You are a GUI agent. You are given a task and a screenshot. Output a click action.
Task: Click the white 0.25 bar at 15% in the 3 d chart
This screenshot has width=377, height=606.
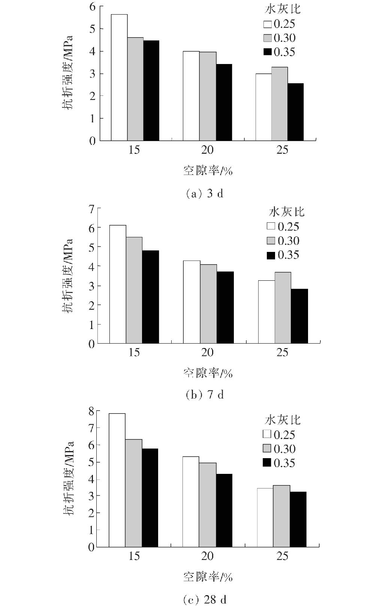(x=119, y=77)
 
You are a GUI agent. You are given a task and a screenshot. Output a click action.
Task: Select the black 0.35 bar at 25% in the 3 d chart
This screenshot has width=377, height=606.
(x=295, y=112)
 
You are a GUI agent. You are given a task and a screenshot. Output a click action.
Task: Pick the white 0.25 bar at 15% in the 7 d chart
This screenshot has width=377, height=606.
(x=118, y=284)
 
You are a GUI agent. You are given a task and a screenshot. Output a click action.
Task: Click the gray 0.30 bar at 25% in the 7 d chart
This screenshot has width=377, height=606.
(x=283, y=308)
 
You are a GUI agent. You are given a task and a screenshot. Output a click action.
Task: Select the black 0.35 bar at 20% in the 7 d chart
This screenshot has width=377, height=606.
(x=225, y=307)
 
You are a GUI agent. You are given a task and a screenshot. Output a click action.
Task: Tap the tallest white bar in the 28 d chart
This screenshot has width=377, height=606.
(x=117, y=480)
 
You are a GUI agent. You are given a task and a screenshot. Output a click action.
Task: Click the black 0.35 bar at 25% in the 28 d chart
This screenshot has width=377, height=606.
(x=298, y=520)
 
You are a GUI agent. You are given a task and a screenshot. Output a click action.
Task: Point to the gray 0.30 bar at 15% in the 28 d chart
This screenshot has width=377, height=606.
(x=133, y=493)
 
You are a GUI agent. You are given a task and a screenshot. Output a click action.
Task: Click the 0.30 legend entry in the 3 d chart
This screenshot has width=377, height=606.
(x=279, y=38)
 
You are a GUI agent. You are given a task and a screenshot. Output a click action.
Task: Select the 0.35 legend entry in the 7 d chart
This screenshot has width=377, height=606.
(x=283, y=255)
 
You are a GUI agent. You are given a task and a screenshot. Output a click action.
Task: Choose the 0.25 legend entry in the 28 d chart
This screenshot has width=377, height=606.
(x=279, y=435)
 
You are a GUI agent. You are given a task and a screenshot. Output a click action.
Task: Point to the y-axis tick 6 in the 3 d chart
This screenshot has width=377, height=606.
(x=92, y=6)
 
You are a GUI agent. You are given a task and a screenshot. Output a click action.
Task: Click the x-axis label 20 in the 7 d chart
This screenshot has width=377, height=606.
(x=207, y=352)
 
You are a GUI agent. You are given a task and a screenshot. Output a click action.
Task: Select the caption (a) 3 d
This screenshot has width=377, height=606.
(x=205, y=194)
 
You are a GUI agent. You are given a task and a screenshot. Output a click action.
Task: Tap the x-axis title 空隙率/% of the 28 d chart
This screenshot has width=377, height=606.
(x=208, y=577)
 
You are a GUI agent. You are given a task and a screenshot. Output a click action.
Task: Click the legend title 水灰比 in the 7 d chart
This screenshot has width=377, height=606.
(x=287, y=212)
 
